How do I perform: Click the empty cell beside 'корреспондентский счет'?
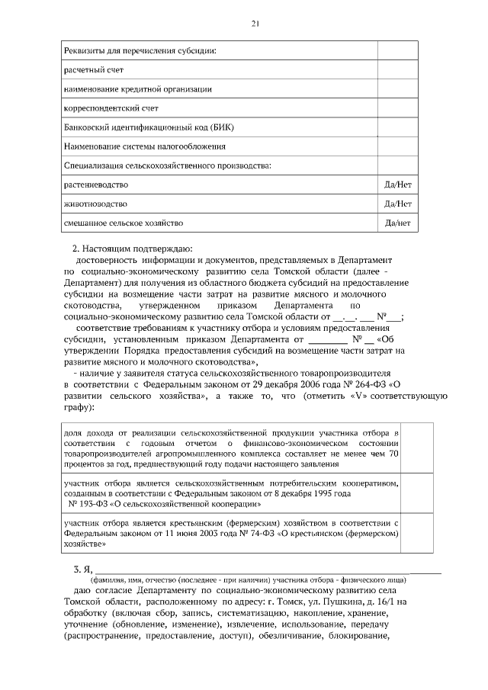click(397, 108)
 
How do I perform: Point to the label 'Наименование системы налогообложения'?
click(144, 146)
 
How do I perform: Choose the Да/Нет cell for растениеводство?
click(397, 185)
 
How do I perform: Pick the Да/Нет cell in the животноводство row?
click(397, 204)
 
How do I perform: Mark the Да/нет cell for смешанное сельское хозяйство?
click(397, 223)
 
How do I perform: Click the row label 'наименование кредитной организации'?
click(137, 89)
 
